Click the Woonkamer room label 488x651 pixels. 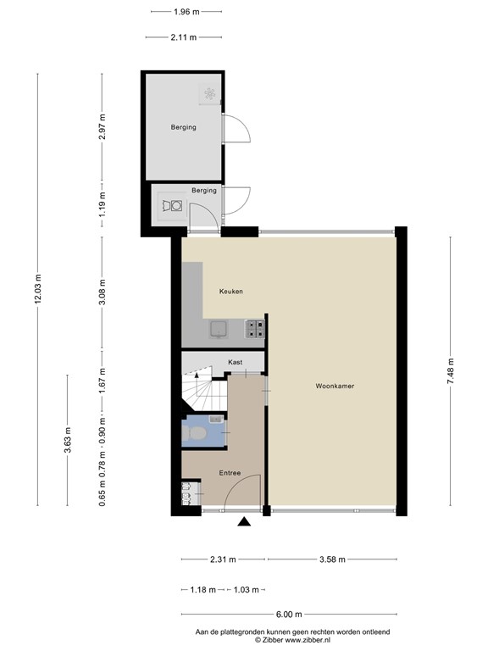pos(335,386)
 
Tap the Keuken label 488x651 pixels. pos(231,291)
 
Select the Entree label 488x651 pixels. pos(230,473)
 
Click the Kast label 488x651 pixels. pos(236,362)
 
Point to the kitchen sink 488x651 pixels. pos(219,329)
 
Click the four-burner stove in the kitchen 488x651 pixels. pos(255,328)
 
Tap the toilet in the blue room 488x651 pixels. pos(193,434)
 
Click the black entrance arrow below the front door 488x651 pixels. pos(244,521)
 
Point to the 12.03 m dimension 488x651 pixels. pos(38,289)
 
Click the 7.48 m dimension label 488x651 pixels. pos(450,370)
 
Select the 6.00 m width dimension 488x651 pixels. pos(289,614)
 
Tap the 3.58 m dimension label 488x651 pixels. pos(332,559)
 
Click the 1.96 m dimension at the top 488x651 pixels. pos(186,12)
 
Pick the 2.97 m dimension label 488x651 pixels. pos(103,126)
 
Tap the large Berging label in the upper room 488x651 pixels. pos(183,127)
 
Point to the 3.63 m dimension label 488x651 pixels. pos(68,440)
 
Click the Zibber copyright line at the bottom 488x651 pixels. pos(292,640)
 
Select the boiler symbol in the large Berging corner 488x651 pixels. pos(209,94)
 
